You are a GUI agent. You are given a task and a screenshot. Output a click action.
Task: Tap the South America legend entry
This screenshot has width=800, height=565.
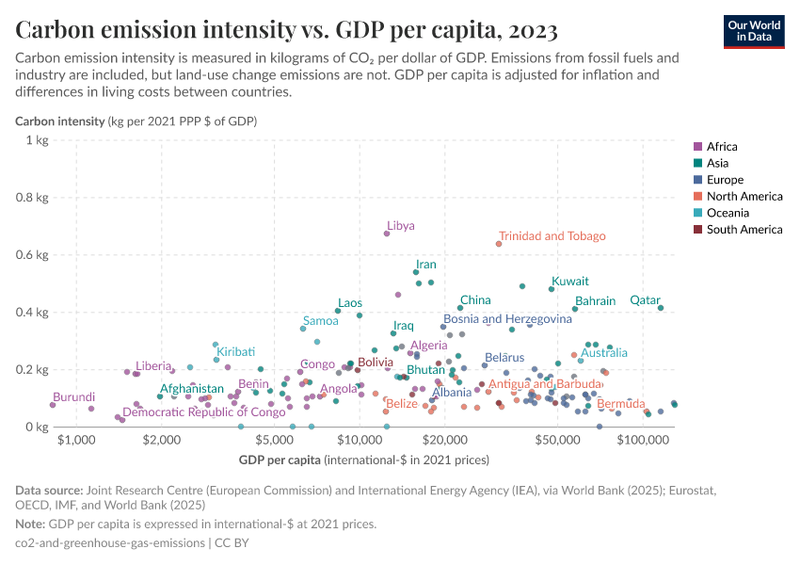[x=744, y=230]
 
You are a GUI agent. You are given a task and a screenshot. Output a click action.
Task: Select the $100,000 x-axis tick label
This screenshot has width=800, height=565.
[x=643, y=440]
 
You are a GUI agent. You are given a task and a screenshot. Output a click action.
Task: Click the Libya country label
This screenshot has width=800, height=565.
[x=401, y=226]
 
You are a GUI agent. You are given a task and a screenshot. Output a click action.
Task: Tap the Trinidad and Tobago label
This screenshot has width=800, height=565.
[x=552, y=236]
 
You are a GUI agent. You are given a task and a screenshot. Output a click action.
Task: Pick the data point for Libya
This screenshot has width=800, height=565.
[x=387, y=234]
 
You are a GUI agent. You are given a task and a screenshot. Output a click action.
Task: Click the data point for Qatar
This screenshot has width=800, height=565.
[x=661, y=308]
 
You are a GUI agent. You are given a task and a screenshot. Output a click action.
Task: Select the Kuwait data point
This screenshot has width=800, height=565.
[x=552, y=288]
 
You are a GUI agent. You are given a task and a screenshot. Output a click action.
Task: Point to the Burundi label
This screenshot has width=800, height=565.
[x=73, y=398]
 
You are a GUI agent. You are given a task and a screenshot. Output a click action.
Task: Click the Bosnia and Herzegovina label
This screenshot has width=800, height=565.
[x=507, y=319]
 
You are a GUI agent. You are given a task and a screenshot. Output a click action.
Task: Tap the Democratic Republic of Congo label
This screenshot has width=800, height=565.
[x=204, y=412]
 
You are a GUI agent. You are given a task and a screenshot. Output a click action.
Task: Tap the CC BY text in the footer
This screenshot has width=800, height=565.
[x=232, y=542]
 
